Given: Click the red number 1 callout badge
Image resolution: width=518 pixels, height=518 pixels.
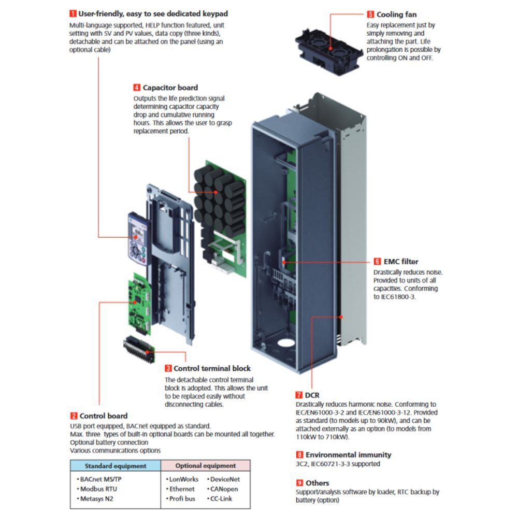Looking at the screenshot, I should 73,13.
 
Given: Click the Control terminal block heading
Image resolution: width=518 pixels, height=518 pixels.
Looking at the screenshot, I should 212,368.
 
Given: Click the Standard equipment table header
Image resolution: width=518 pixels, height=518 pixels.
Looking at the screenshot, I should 116,466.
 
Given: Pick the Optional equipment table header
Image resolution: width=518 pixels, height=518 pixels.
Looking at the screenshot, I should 205,466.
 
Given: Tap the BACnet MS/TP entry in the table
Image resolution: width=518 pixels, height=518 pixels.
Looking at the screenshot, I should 101,479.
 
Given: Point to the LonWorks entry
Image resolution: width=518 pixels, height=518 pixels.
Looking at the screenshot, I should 181,479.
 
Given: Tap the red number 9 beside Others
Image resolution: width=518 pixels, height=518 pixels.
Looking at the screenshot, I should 299,483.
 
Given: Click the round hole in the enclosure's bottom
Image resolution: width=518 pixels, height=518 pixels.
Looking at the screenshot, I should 284,345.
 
